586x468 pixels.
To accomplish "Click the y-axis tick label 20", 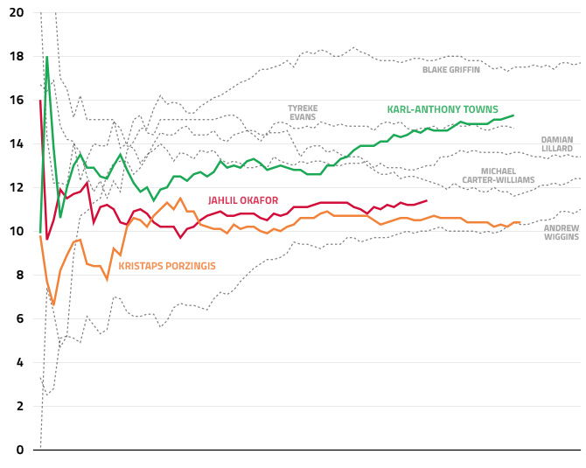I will click(17, 13).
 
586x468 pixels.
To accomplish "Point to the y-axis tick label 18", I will click(17, 57).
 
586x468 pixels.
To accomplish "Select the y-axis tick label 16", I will click(17, 101).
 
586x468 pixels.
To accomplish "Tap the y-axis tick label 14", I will click(17, 144).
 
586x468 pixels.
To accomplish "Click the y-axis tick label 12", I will click(17, 188).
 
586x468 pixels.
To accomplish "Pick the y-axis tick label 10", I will click(17, 232).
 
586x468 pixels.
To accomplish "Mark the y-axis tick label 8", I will click(20, 276).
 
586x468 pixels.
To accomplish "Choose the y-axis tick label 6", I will click(20, 319).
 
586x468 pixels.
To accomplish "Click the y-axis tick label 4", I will click(20, 363).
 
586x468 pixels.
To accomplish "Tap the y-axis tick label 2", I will click(20, 407).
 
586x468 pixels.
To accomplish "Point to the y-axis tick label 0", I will click(20, 451).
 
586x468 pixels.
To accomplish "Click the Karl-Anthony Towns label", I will click(443, 110).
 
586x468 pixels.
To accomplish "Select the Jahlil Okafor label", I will click(243, 200).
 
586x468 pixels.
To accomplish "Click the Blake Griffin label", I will click(451, 70).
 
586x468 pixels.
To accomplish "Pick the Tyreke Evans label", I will click(303, 113).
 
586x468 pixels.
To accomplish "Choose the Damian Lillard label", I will click(557, 144).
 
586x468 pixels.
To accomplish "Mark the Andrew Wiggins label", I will click(562, 232).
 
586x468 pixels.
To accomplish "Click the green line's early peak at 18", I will click(46, 58).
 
